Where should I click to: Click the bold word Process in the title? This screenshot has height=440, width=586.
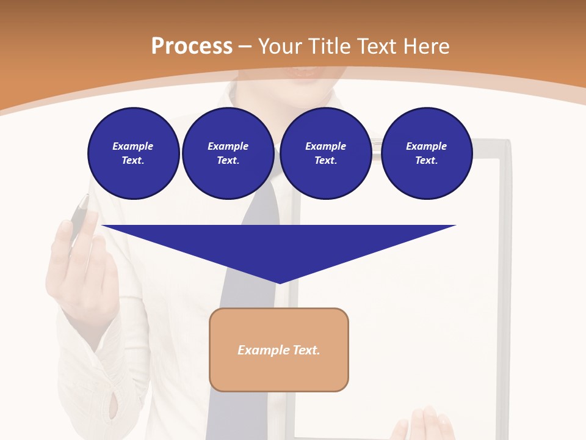pyautogui.click(x=192, y=46)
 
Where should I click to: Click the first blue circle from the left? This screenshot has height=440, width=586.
pyautogui.click(x=133, y=153)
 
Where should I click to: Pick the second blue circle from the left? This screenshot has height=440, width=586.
pyautogui.click(x=228, y=153)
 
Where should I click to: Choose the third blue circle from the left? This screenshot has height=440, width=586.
pyautogui.click(x=325, y=153)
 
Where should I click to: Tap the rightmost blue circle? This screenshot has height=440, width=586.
pyautogui.click(x=426, y=153)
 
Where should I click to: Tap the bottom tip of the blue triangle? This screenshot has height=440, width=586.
pyautogui.click(x=279, y=282)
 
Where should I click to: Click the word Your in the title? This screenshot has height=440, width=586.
pyautogui.click(x=280, y=46)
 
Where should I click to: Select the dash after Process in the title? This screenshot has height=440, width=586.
pyautogui.click(x=245, y=46)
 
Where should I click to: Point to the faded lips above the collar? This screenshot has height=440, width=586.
pyautogui.click(x=305, y=71)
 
